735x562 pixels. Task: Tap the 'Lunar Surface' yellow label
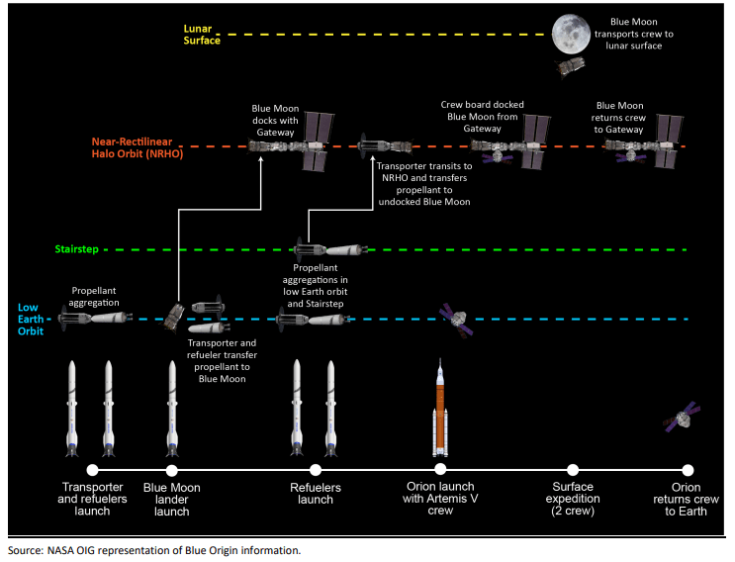202,35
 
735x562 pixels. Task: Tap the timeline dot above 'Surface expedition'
573,470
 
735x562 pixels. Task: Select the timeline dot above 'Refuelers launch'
316,470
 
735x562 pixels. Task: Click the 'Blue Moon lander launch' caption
172,500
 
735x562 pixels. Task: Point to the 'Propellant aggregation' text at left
95,299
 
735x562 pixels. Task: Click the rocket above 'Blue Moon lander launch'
172,408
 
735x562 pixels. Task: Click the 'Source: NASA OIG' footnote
153,550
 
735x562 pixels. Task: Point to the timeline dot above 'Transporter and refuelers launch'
92,470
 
